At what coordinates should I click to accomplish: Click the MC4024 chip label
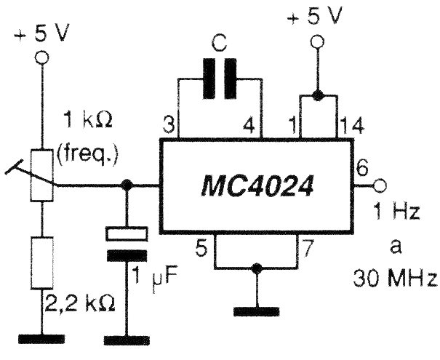[257, 185]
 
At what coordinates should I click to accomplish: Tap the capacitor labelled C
[220, 79]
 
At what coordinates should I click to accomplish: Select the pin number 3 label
[169, 125]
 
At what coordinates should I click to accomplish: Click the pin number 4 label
[249, 125]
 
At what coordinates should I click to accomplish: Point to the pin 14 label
[352, 126]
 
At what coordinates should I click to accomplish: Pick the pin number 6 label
[361, 169]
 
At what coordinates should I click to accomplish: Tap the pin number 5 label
[201, 249]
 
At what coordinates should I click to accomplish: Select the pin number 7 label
[307, 248]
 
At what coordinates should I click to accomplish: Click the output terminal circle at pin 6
[380, 185]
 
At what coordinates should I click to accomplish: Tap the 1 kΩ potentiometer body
[42, 175]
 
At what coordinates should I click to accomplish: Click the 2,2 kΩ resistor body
[42, 263]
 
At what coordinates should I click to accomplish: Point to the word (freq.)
[87, 154]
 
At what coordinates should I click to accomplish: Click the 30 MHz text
[395, 279]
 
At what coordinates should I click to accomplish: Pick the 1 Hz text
[396, 212]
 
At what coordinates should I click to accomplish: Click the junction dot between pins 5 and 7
[256, 268]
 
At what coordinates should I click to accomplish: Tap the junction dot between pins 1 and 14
[318, 96]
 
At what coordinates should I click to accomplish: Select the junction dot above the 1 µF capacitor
[127, 185]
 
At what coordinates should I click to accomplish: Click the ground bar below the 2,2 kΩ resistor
[41, 339]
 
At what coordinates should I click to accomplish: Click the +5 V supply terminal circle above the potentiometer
[42, 57]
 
